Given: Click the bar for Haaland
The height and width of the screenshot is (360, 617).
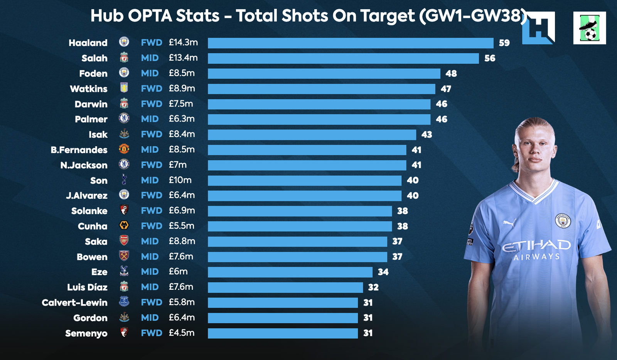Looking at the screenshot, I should pyautogui.click(x=351, y=43).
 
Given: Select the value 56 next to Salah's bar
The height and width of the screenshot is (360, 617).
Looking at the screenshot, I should pyautogui.click(x=490, y=58).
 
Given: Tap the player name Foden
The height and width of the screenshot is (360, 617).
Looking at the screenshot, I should pyautogui.click(x=93, y=73).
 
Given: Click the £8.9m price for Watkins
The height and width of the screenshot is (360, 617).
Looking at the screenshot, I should pyautogui.click(x=182, y=88).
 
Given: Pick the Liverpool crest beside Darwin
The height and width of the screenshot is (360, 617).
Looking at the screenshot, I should pyautogui.click(x=124, y=103).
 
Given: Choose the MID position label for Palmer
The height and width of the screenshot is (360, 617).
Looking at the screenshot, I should pyautogui.click(x=150, y=119).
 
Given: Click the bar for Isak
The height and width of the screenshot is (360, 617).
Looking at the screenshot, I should pyautogui.click(x=312, y=135).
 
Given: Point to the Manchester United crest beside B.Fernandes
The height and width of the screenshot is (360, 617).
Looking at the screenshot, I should pyautogui.click(x=124, y=149).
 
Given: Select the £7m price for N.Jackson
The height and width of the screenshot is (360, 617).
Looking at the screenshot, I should pyautogui.click(x=177, y=165).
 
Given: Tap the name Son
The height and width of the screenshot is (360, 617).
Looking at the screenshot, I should pyautogui.click(x=99, y=181).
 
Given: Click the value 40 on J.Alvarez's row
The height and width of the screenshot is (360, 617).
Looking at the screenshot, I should pyautogui.click(x=413, y=196).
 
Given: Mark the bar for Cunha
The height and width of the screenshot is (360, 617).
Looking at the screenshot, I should pyautogui.click(x=300, y=226).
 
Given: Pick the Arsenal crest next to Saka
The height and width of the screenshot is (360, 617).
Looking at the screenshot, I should pyautogui.click(x=124, y=241).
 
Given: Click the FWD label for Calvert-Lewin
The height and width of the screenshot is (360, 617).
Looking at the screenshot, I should pyautogui.click(x=152, y=302).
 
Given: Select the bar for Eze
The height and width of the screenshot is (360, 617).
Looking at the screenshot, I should pyautogui.click(x=290, y=272).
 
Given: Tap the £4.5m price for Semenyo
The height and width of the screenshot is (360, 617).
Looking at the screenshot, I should pyautogui.click(x=181, y=333).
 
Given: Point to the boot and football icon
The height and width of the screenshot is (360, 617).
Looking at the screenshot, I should pyautogui.click(x=589, y=28).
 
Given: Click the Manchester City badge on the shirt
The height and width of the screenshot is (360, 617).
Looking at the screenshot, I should pyautogui.click(x=563, y=221).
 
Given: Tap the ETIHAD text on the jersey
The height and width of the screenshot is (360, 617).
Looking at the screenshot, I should pyautogui.click(x=536, y=245).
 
